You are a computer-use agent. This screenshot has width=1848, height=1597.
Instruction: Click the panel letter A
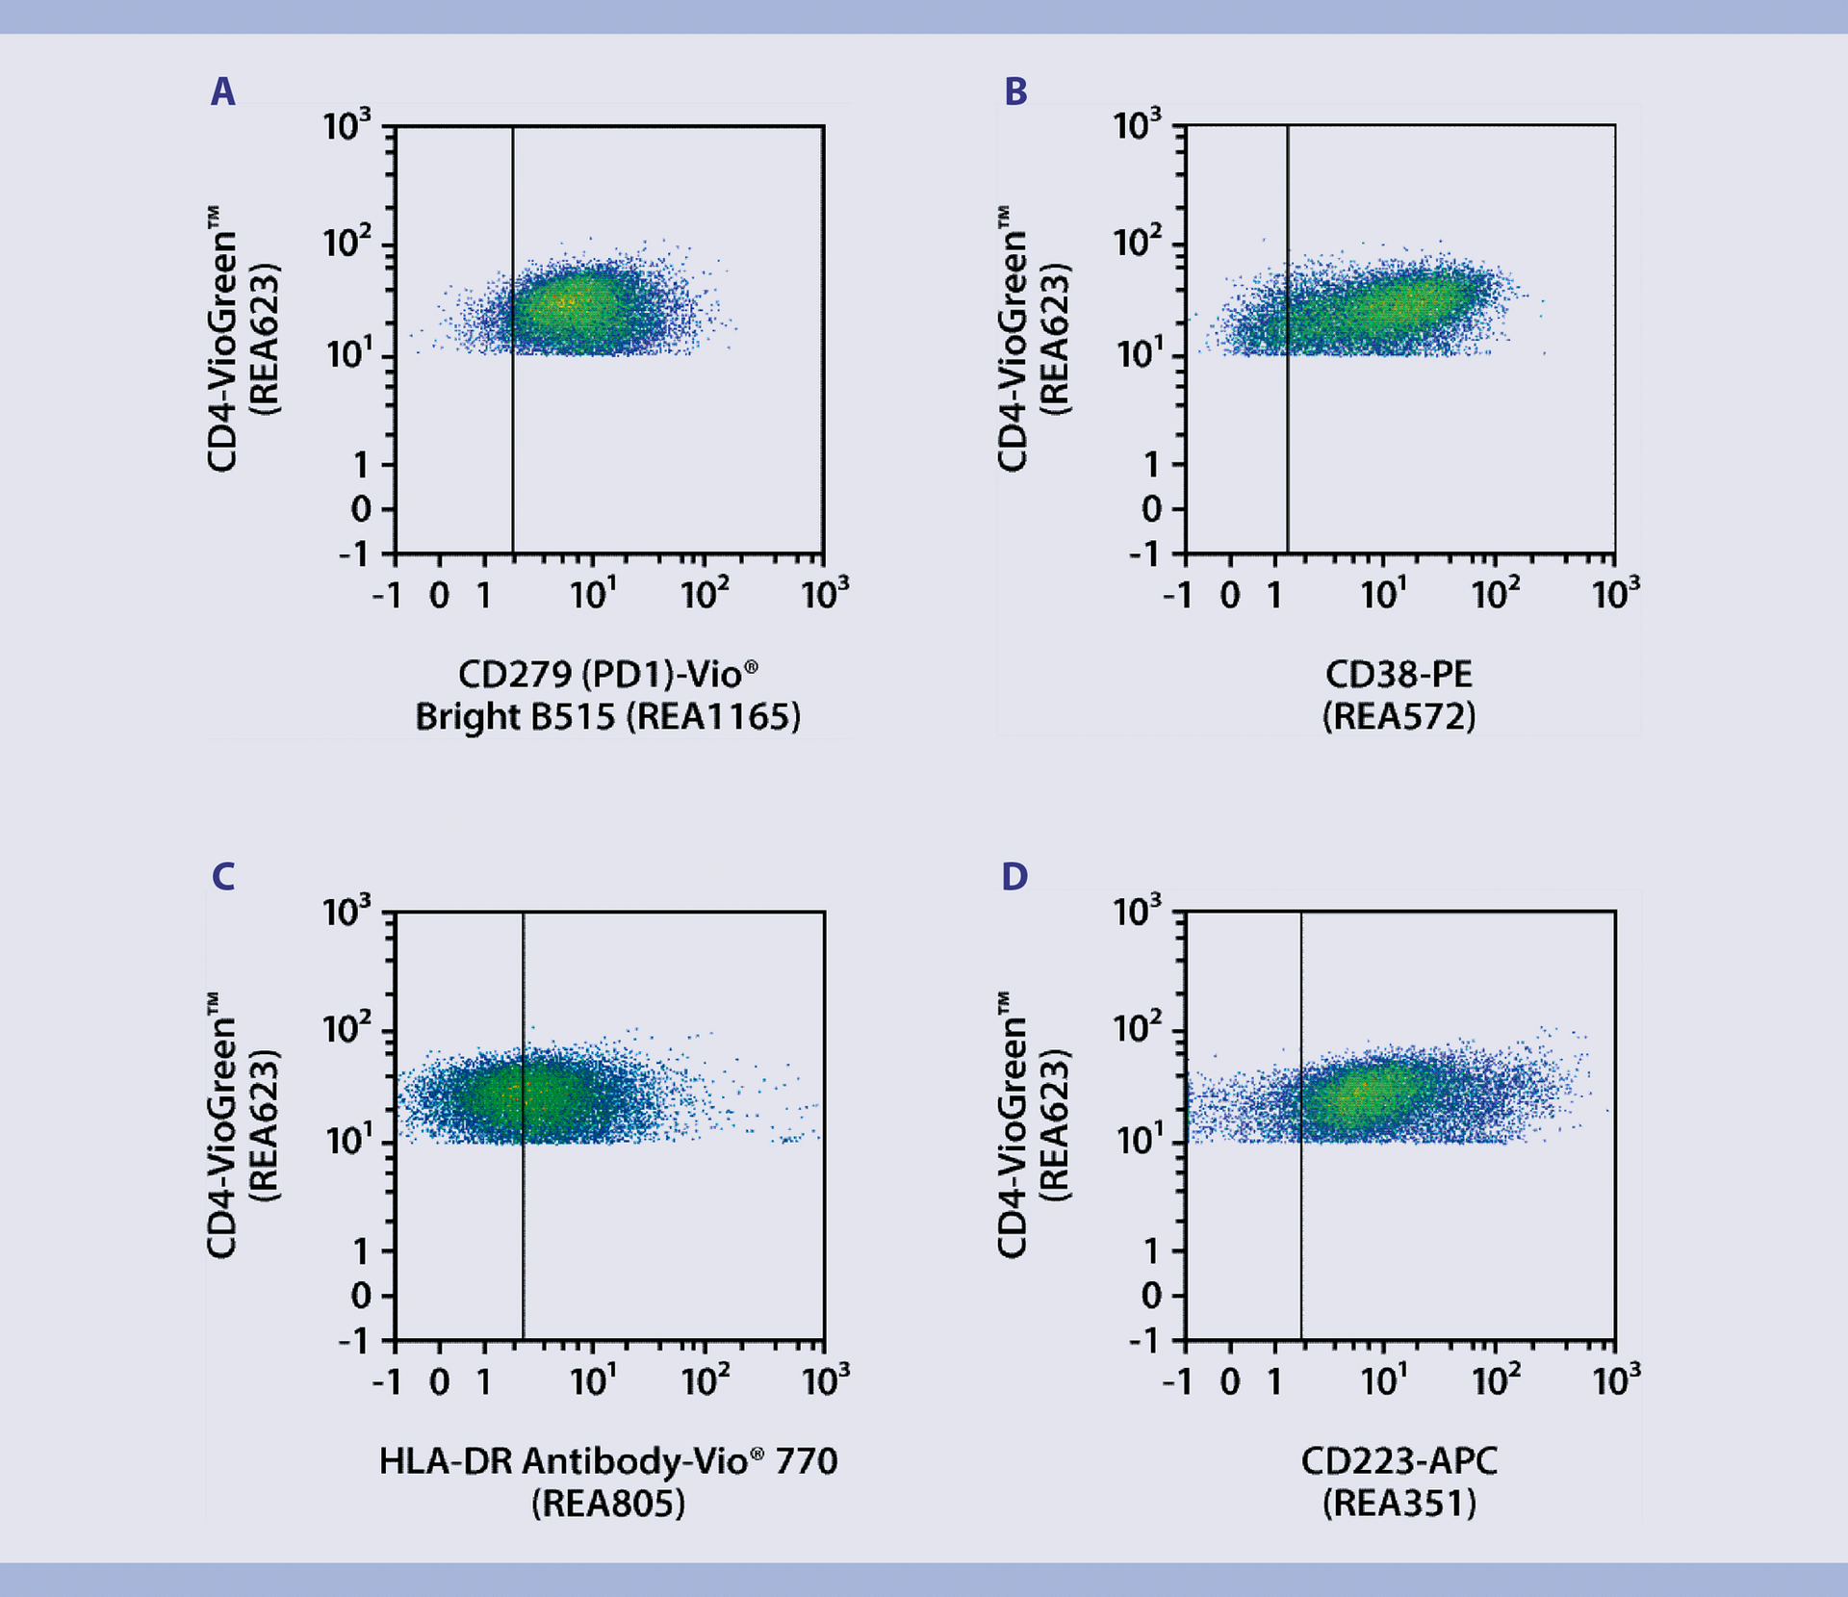222,92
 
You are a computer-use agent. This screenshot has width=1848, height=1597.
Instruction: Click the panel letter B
1015,92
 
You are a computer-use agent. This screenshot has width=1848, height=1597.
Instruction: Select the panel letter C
222,877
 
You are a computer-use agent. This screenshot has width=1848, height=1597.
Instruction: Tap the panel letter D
1014,877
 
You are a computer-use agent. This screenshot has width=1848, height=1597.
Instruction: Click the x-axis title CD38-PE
1399,675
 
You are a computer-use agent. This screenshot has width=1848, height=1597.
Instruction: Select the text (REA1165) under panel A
713,717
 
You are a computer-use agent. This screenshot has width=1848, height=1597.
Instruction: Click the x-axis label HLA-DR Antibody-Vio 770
607,1461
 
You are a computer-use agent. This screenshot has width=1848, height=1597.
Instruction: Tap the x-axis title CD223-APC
1399,1461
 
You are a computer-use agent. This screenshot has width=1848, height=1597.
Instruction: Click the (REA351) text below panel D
1399,1504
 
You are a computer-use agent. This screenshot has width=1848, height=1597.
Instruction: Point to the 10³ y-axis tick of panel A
346,126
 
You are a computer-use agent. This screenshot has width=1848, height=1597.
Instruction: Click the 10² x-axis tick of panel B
1495,594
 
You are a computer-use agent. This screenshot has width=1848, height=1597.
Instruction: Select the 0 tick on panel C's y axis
361,1297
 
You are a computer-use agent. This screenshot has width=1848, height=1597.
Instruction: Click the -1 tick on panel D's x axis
1178,1382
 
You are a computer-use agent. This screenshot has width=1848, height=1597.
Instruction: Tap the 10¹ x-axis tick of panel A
592,594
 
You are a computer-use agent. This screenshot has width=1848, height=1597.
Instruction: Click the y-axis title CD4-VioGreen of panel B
1013,339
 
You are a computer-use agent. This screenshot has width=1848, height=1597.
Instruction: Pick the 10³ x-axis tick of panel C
825,1380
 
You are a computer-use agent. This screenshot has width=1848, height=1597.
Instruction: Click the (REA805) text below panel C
607,1504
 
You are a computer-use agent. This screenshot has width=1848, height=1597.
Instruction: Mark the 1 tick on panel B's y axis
1151,466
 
